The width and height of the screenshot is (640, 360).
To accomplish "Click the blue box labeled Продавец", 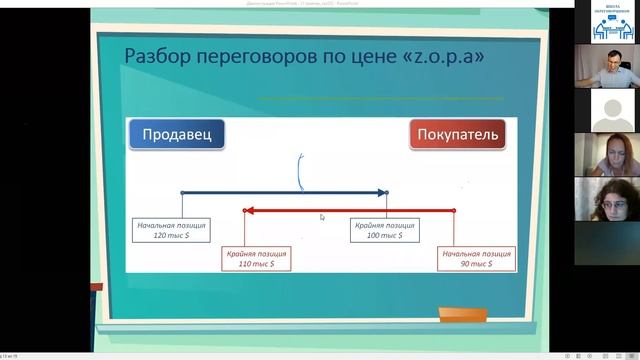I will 176,135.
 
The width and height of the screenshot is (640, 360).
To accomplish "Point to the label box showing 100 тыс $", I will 386,230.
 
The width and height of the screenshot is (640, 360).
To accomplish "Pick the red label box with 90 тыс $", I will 478,258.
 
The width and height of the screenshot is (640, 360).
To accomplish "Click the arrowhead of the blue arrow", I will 383,192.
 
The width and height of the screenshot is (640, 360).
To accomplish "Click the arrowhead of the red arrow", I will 250,210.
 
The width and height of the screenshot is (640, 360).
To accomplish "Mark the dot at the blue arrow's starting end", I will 182,192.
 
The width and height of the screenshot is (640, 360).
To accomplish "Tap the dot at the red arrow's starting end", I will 453,210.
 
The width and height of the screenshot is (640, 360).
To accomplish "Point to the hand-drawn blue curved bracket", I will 300,172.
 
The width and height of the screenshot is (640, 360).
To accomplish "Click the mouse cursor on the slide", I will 321,216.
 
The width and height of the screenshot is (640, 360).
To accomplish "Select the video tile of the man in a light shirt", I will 606,66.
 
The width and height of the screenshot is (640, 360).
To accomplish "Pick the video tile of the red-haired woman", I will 606,155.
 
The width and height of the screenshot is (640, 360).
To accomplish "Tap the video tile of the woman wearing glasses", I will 606,200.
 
